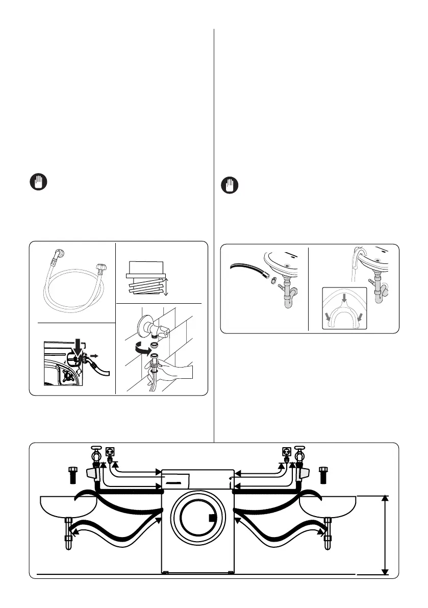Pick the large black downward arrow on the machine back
78,347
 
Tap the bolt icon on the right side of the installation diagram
323,474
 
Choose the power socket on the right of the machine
286,452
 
